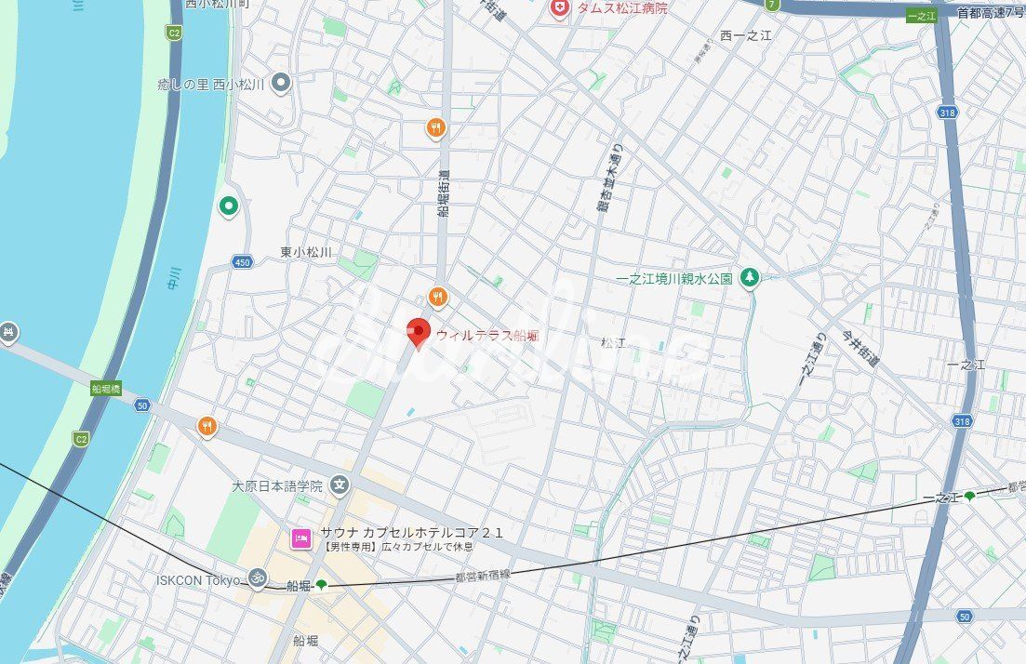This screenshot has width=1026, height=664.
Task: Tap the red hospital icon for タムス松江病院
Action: pyautogui.click(x=559, y=8)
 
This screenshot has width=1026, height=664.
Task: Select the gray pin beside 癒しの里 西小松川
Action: pyautogui.click(x=281, y=84)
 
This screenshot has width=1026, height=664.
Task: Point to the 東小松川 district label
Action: pyautogui.click(x=306, y=252)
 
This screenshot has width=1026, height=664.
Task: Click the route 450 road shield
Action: pyautogui.click(x=243, y=262)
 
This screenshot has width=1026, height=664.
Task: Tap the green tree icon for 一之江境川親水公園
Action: pyautogui.click(x=749, y=277)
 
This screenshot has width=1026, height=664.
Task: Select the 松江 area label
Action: pyautogui.click(x=613, y=343)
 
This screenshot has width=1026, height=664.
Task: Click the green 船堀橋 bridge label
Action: pyautogui.click(x=106, y=389)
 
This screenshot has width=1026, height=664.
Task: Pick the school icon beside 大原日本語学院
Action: pyautogui.click(x=340, y=485)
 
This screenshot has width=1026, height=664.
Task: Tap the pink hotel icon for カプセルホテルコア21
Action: pyautogui.click(x=301, y=538)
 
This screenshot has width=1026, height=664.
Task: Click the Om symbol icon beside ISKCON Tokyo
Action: pyautogui.click(x=258, y=579)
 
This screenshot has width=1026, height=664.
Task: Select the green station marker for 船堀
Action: pyautogui.click(x=322, y=585)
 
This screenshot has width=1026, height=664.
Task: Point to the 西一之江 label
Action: pyautogui.click(x=746, y=35)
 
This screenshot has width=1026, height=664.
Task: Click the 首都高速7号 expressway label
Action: pyautogui.click(x=990, y=12)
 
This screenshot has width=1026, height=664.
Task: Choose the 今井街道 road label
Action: pyautogui.click(x=859, y=349)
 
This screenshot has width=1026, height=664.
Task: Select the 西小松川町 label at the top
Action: pyautogui.click(x=217, y=4)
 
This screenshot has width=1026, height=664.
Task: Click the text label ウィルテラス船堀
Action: pyautogui.click(x=487, y=336)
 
